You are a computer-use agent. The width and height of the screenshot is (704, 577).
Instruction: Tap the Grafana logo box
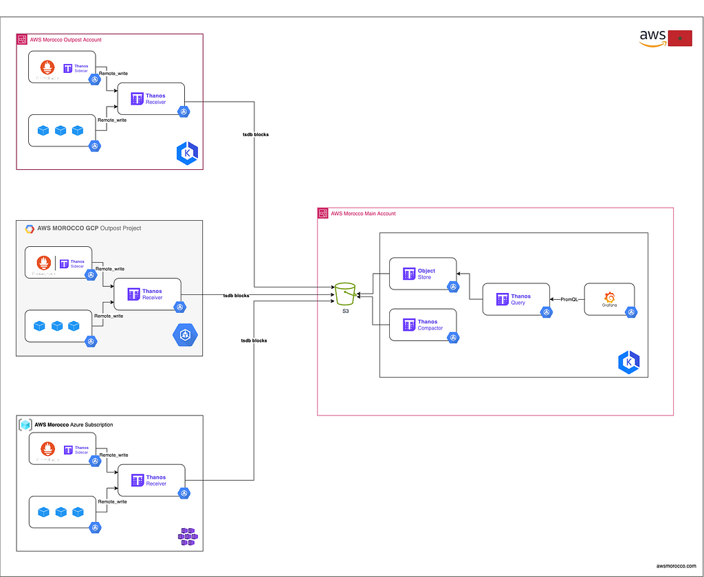609,299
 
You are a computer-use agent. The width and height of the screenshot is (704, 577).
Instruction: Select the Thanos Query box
516,299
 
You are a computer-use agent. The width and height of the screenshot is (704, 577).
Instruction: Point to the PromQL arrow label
569,299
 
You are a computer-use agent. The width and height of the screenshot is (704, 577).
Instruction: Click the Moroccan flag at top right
680,39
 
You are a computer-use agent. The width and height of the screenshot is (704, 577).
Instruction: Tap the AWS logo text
652,36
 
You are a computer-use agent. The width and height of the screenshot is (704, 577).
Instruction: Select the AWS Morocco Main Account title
363,214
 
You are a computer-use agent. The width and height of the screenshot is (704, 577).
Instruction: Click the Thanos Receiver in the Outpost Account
151,99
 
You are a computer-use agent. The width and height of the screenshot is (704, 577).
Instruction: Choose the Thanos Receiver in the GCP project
147,294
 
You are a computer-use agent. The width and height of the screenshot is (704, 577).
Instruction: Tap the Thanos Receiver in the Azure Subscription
151,480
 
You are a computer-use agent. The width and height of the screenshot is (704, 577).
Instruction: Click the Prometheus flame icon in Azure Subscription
47,450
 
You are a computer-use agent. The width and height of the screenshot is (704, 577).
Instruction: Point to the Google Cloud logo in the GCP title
30,228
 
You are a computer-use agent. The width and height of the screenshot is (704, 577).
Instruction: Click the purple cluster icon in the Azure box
187,537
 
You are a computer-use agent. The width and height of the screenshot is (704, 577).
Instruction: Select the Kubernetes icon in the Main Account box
628,362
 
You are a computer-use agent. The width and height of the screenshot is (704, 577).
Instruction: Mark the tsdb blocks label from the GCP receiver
236,295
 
